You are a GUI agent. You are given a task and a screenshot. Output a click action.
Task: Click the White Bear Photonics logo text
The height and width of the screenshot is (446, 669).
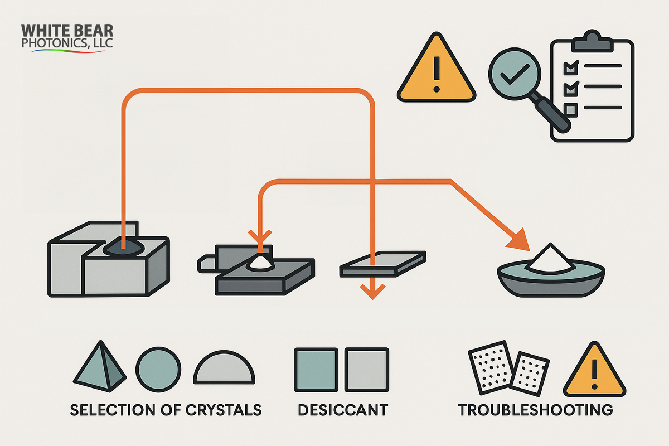pos(67,37)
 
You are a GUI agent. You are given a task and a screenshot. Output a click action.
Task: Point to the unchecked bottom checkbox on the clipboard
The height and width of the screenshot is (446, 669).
pos(570,108)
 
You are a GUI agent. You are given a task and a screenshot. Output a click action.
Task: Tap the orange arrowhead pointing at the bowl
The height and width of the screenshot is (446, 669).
pos(517,239)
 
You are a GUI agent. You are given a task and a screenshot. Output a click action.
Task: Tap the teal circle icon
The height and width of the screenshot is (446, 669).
pos(159,370)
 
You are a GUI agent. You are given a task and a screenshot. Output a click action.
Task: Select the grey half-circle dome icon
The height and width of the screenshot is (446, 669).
pos(224,370)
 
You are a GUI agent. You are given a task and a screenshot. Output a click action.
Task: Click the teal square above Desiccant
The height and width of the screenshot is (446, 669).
pos(316,370)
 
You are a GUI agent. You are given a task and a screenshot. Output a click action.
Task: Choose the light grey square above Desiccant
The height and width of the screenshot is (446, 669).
pos(366,370)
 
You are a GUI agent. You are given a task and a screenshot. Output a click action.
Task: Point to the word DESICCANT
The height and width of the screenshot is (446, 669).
pos(342,410)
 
